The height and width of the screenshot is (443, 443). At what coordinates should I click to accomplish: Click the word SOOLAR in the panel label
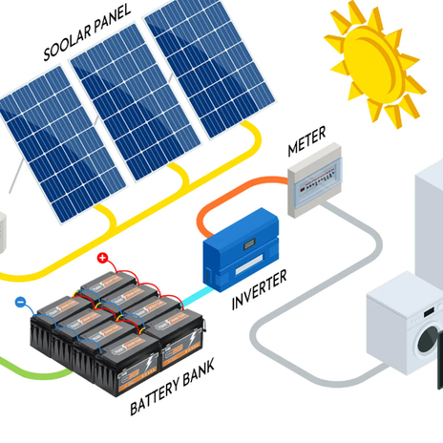pos(67,40)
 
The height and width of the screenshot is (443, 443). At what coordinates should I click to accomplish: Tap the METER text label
pos(306,141)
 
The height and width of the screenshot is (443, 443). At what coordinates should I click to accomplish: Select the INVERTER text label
pos(259,289)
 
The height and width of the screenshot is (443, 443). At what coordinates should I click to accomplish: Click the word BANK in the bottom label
pos(199,371)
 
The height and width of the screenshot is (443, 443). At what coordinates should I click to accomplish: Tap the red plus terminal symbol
pos(102,258)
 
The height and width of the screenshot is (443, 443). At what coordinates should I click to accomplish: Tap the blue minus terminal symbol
pos(20,302)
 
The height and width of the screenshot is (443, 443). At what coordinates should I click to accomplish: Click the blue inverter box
pos(242,250)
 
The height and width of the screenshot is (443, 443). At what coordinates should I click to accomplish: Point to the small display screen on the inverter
pos(249,245)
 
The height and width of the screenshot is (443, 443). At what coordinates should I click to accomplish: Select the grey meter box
pos(315,179)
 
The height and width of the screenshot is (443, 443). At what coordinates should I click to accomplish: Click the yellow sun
pos(375,65)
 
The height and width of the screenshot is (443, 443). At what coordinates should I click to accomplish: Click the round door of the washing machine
pos(428,340)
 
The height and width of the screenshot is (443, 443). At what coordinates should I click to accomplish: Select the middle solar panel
pos(136,102)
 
